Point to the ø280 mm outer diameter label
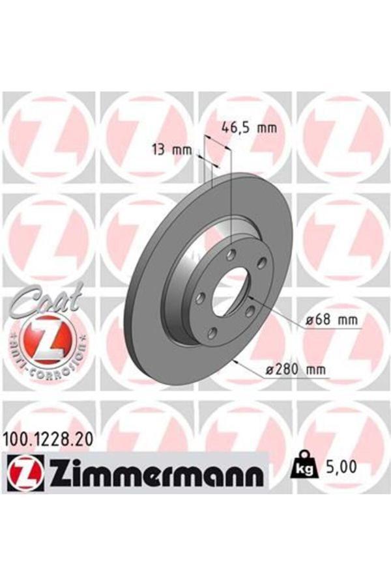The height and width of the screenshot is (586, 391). (295, 370)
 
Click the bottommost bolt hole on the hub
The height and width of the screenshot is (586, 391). (212, 333)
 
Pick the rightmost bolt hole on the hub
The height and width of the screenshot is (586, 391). (262, 262)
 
